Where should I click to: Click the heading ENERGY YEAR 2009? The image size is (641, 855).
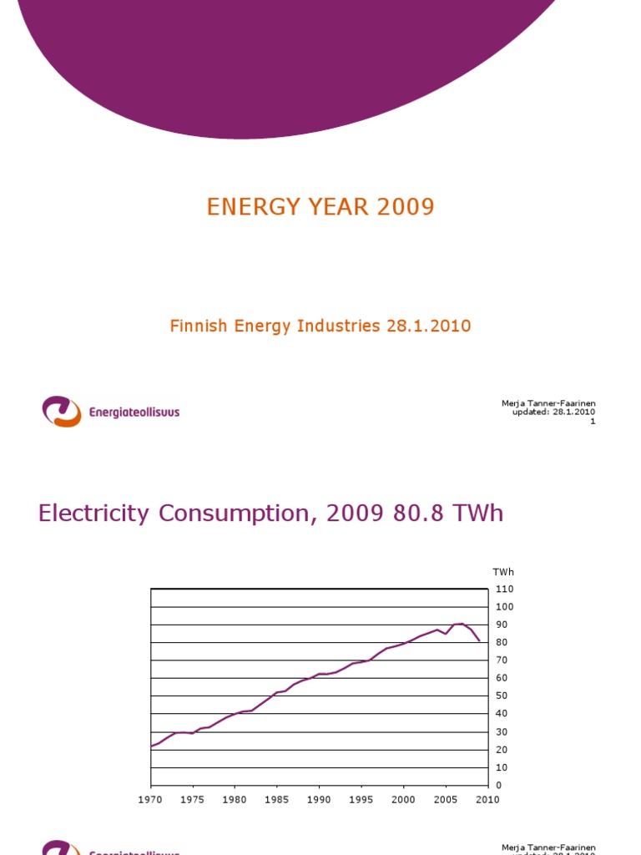point(320,207)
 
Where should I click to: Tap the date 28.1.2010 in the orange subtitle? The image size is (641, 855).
point(428,326)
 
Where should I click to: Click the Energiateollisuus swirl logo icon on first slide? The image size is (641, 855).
point(62,412)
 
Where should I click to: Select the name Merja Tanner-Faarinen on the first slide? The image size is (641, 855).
point(548,403)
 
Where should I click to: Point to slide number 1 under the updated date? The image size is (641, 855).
point(593,421)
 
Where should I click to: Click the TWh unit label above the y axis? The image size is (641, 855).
point(503,572)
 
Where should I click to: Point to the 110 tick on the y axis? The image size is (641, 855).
point(504,589)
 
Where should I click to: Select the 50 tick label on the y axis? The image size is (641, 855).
point(502,696)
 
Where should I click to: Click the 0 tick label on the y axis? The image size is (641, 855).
point(499,786)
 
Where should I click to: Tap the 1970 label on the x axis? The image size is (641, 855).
point(151,800)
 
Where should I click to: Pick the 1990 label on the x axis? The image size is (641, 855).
point(319,800)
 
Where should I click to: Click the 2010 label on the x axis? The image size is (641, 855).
point(487,800)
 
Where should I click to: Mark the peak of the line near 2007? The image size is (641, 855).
point(462,624)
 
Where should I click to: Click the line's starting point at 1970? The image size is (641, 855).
point(151,746)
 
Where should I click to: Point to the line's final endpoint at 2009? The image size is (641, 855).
point(479,641)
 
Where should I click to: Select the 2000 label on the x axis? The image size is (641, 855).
point(403,800)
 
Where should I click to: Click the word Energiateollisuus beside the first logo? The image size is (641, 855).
point(134,412)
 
